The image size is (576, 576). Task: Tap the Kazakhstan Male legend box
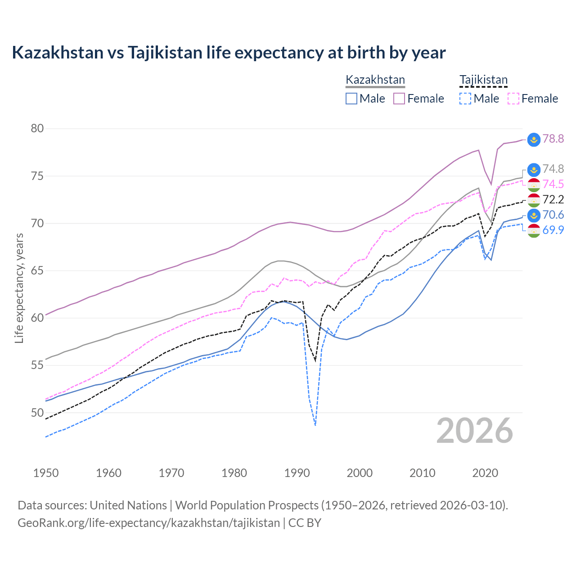[x=351, y=99]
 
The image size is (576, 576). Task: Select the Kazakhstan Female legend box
[x=399, y=99]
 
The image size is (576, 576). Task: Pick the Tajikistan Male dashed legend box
[x=465, y=99]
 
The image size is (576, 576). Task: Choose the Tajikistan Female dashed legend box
[x=513, y=99]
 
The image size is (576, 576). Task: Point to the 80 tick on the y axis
[x=37, y=129]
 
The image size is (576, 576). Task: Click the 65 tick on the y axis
[x=37, y=271]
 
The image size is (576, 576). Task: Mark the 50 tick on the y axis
[x=37, y=413]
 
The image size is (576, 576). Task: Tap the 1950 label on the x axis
[x=46, y=473]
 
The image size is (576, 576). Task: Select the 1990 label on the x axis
[x=297, y=473]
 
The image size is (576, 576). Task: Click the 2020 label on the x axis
[x=485, y=473]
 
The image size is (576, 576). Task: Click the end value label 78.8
[x=553, y=139]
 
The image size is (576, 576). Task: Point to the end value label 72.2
[x=553, y=199]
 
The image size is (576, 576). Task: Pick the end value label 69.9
[x=553, y=230]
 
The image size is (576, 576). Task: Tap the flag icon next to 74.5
[x=534, y=184]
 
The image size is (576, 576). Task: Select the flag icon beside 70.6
[x=534, y=215]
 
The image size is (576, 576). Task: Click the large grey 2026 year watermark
[x=475, y=431]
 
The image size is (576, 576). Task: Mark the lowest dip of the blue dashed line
[x=315, y=425]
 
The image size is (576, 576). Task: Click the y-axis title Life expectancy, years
[x=19, y=288]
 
